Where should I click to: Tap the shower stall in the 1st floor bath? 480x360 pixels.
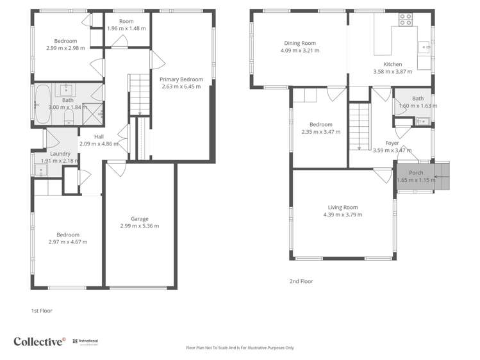tap(94, 115)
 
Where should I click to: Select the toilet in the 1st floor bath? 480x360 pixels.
tap(76, 116)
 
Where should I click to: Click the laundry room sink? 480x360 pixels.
tap(40, 172)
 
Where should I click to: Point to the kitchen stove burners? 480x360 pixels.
tap(406, 20)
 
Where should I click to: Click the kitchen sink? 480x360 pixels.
tap(424, 46)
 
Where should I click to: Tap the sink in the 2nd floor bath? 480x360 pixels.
tap(422, 121)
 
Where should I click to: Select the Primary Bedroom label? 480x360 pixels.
tap(181, 79)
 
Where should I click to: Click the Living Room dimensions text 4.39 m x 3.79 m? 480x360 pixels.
tap(342, 215)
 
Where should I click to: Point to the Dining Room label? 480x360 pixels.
tap(301, 44)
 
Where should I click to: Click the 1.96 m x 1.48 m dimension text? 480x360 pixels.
tap(126, 29)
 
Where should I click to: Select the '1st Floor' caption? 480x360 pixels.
tap(42, 311)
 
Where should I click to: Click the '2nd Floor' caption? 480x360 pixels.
tap(301, 281)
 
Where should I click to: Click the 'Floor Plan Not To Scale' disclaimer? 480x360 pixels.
tap(240, 348)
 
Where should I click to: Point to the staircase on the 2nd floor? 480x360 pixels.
tap(360, 127)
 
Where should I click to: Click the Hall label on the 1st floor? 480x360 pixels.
tap(99, 136)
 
